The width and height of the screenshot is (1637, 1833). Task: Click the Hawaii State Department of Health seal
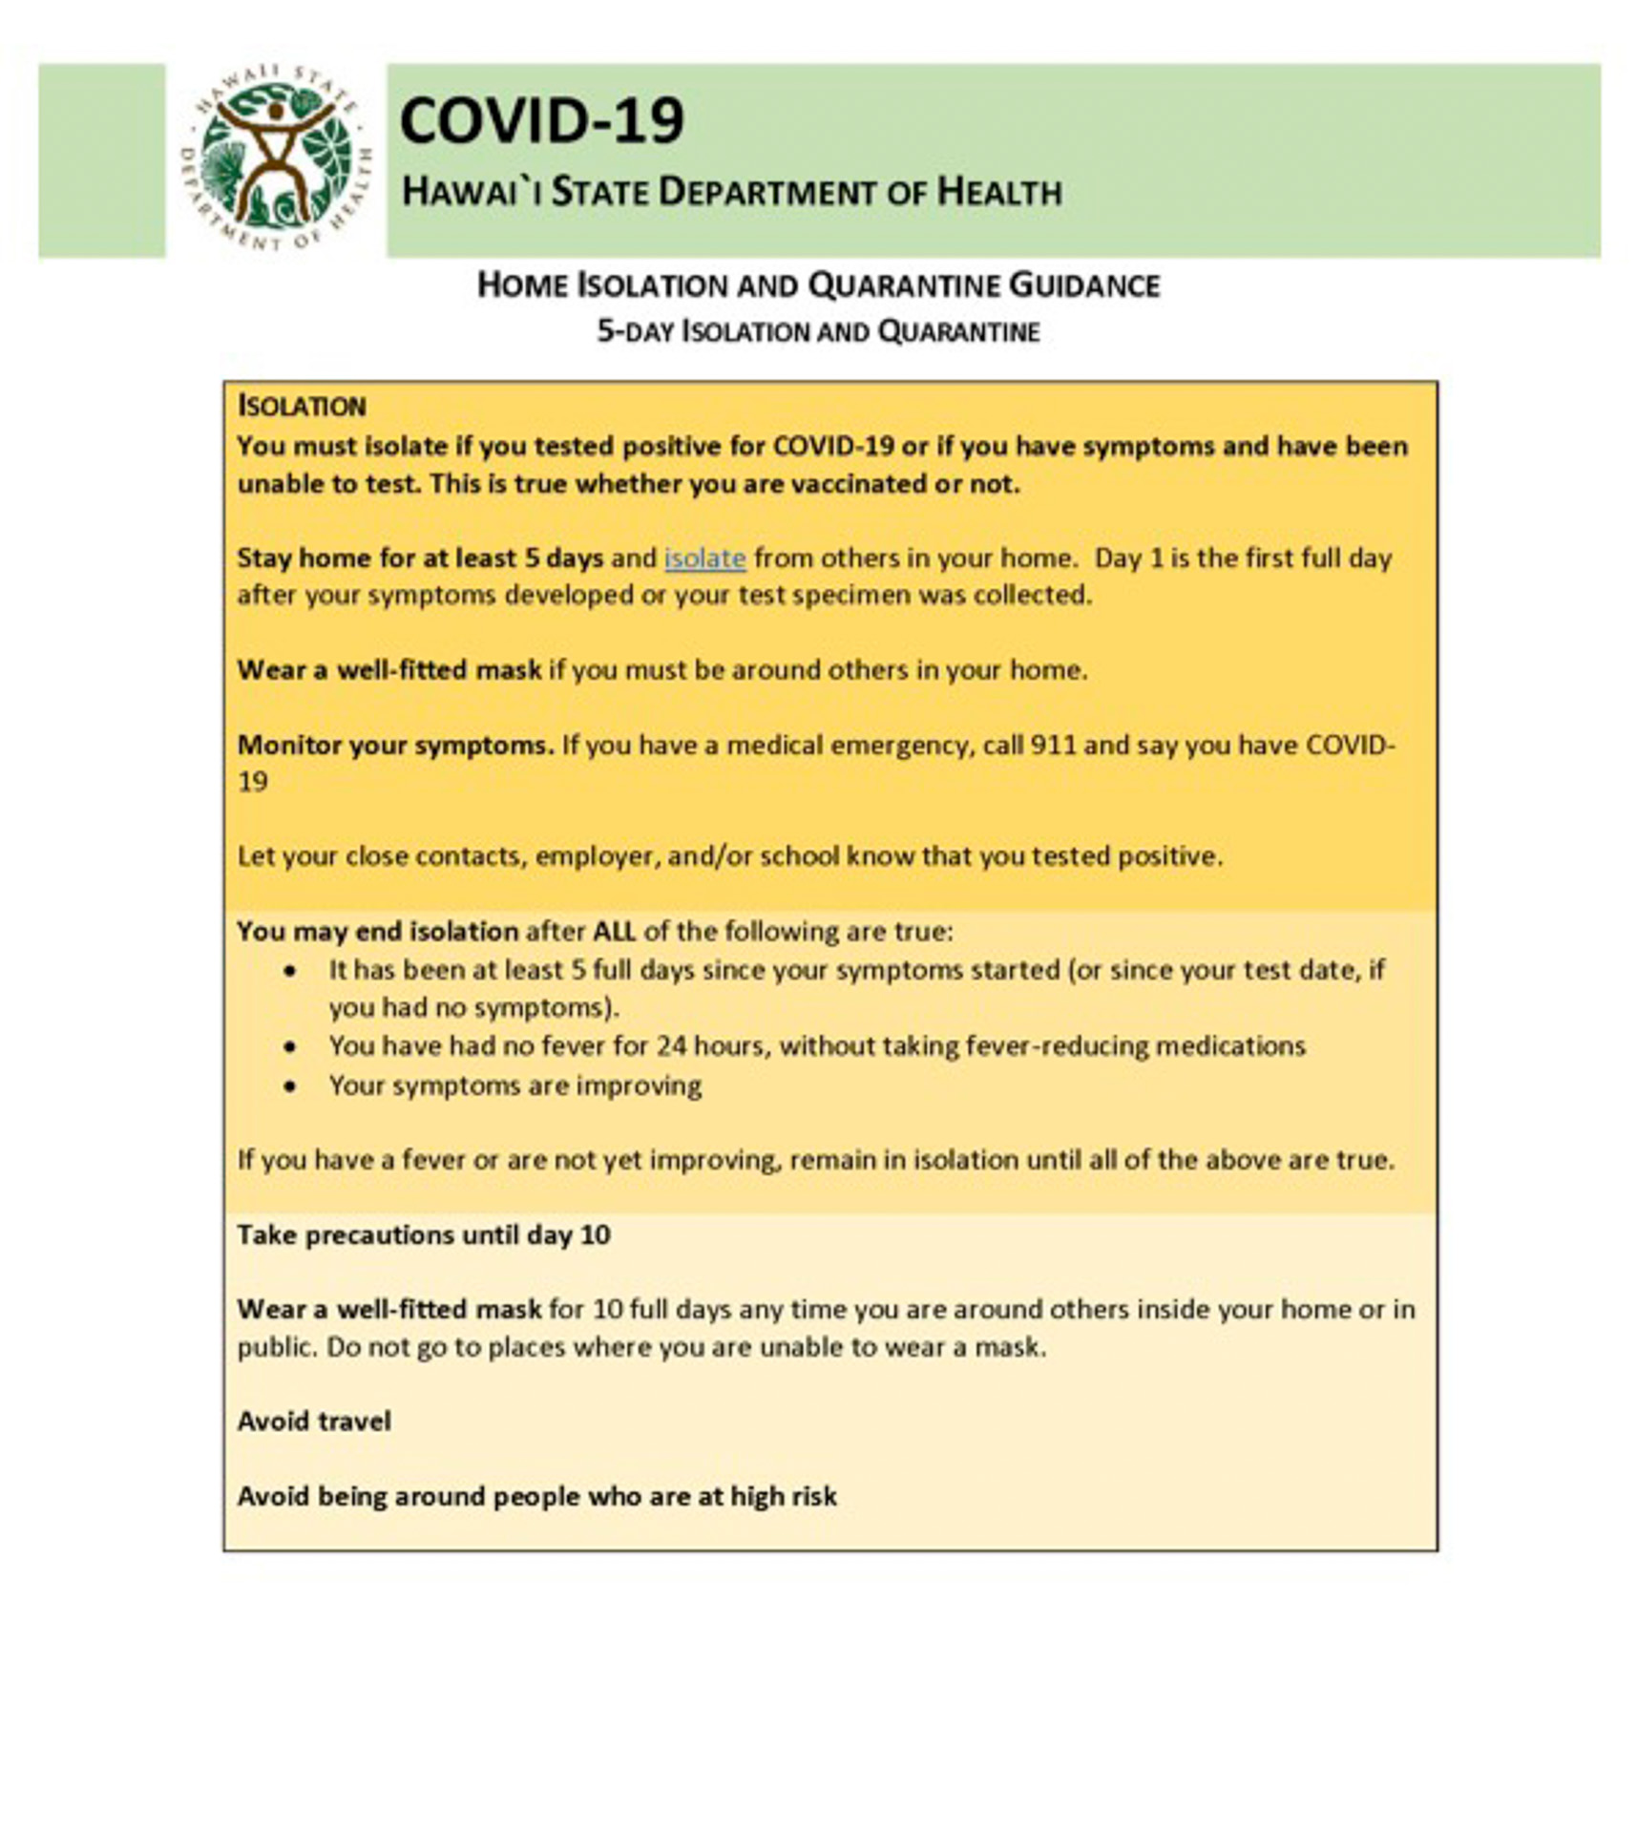(x=275, y=158)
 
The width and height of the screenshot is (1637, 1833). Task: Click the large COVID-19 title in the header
(x=541, y=121)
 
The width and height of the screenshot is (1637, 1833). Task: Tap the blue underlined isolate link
(x=704, y=558)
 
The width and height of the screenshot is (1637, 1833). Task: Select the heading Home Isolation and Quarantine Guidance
(x=818, y=285)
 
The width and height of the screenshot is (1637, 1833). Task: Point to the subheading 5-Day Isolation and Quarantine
(x=818, y=332)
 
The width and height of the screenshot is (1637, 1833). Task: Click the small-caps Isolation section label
(x=302, y=407)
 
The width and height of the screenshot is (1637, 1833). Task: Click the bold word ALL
(x=614, y=932)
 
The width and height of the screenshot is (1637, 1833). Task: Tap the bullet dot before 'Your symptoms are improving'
(x=290, y=1086)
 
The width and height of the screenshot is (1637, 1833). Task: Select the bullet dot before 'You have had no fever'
(x=290, y=1047)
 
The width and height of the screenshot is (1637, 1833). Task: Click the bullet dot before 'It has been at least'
(x=290, y=971)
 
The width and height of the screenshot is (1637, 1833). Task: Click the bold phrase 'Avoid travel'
(x=314, y=1422)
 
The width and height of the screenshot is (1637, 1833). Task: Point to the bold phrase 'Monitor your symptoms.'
(x=395, y=745)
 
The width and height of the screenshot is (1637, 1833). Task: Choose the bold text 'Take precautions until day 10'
(x=424, y=1235)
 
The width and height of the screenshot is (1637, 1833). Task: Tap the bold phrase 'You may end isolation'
(x=377, y=932)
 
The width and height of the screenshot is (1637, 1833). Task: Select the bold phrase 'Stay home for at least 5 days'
(x=420, y=558)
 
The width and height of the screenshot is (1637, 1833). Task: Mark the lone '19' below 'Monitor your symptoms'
(x=253, y=783)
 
